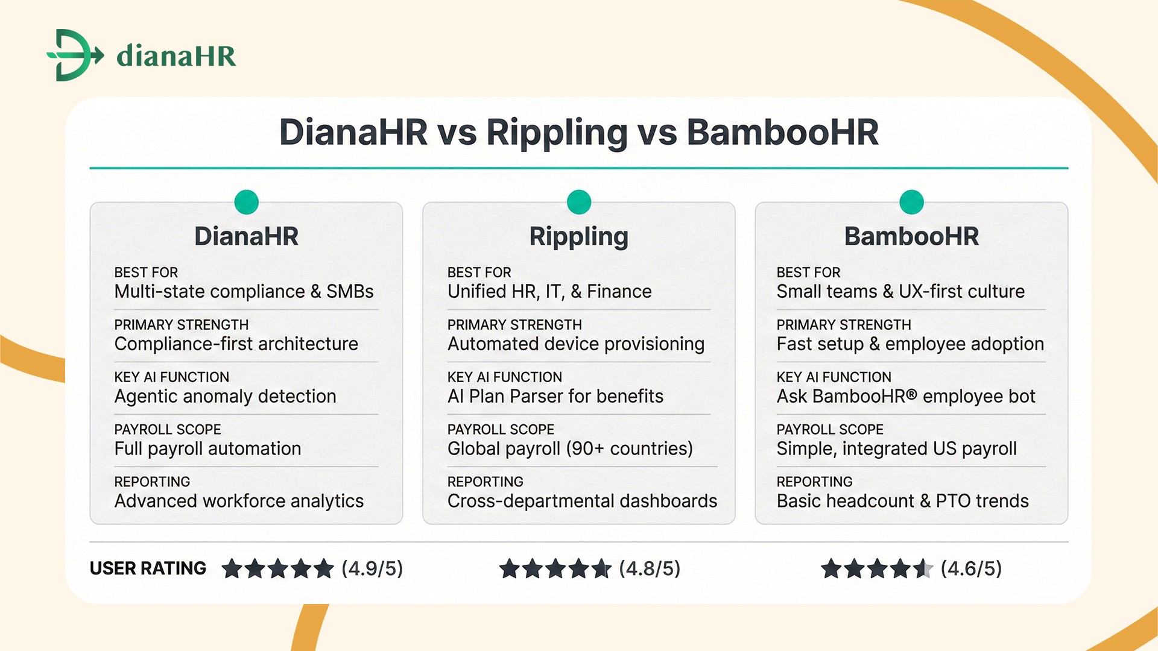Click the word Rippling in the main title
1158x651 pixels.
click(557, 132)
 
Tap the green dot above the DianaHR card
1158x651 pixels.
click(246, 202)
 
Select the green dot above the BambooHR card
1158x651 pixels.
click(911, 202)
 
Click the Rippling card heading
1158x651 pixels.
click(578, 236)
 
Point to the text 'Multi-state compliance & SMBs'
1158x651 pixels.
click(244, 292)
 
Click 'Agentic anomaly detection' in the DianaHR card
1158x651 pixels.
click(225, 397)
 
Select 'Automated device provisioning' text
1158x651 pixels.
click(575, 344)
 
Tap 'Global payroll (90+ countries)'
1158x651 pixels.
click(570, 449)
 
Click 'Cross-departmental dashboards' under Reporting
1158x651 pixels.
click(582, 502)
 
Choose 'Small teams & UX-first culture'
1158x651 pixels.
click(900, 292)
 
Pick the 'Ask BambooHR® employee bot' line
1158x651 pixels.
click(905, 397)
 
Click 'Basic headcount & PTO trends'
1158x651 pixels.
click(902, 502)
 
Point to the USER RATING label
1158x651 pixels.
click(148, 568)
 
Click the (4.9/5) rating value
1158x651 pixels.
click(372, 568)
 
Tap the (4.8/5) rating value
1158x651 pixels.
click(650, 568)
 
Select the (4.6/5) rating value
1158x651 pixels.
click(971, 568)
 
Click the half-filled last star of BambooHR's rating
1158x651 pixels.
click(923, 568)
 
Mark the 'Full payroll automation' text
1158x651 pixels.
click(207, 449)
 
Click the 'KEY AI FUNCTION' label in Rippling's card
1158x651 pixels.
click(504, 377)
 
